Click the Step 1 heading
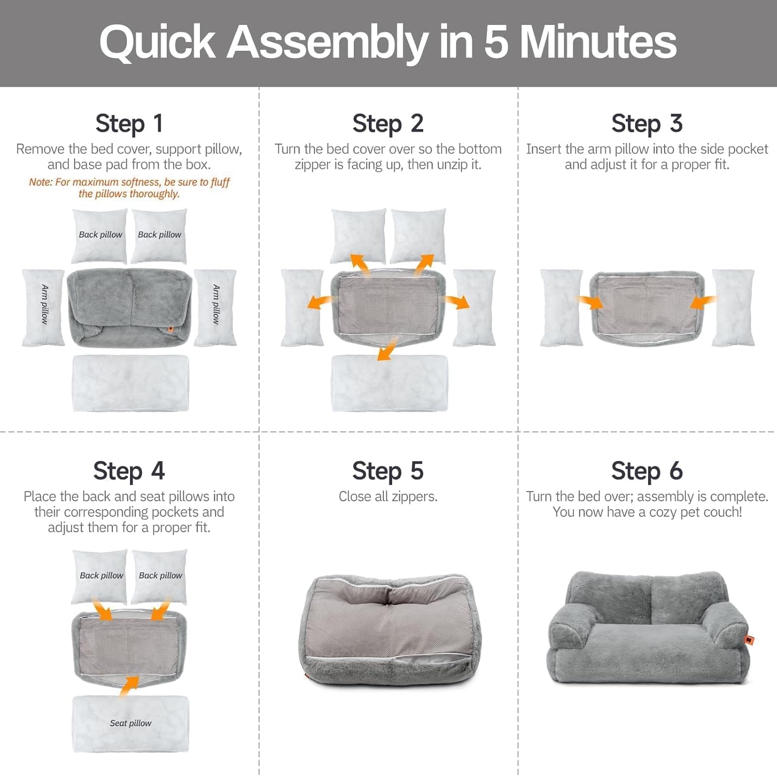[x=129, y=124]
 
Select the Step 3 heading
[x=646, y=124]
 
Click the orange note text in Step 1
[x=129, y=188]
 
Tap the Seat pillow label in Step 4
[x=131, y=723]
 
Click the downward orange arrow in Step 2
[x=386, y=349]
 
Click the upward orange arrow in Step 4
[x=129, y=686]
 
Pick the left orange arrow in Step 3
[x=591, y=302]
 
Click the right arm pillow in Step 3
[x=733, y=307]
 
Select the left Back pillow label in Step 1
[x=100, y=235]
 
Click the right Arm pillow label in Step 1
[x=216, y=305]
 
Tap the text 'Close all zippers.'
[x=387, y=497]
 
